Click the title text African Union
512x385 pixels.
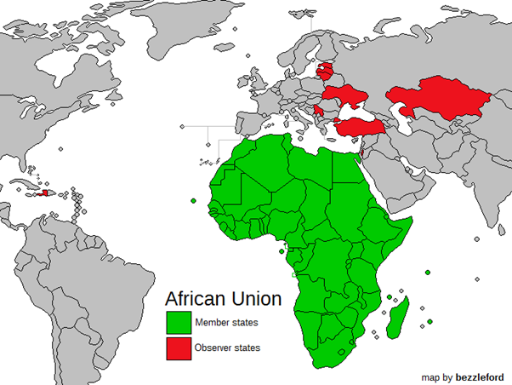pos(222,300)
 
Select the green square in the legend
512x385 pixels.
pos(179,322)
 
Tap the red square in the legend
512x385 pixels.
pos(179,348)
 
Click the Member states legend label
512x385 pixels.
pos(226,322)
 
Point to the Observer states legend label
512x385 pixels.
pos(229,348)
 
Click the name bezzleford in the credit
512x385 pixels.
pos(480,376)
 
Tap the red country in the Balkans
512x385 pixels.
pos(317,111)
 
